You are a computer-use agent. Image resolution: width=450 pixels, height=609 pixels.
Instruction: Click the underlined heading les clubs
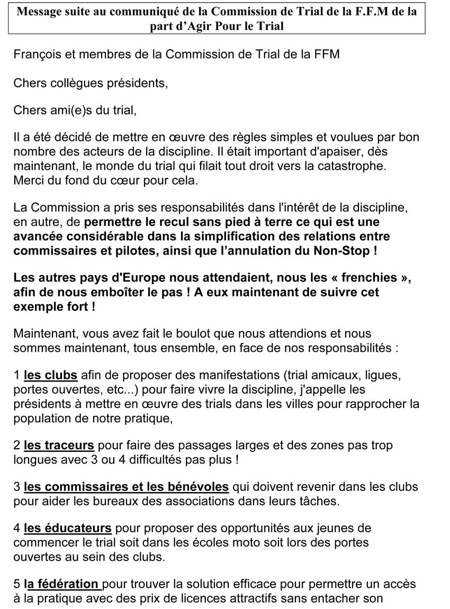51,376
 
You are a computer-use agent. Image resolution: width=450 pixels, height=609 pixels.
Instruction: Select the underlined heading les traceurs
59,446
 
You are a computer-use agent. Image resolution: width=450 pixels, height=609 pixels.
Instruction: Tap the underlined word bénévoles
192,487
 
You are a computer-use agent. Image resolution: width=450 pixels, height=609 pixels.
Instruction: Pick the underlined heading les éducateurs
68,528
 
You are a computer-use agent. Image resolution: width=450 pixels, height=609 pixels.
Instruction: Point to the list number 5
17,584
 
